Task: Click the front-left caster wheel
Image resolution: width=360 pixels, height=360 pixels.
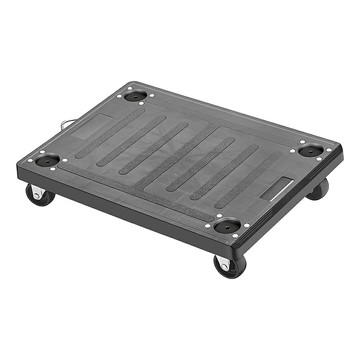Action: coord(39,195)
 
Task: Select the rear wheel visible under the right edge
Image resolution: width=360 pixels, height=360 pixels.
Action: coord(317,189)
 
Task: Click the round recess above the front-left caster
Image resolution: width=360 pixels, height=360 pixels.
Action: coord(47,160)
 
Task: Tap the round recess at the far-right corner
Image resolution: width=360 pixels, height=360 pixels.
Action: coord(311,151)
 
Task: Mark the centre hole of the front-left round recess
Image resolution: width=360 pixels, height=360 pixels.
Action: coord(47,160)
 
